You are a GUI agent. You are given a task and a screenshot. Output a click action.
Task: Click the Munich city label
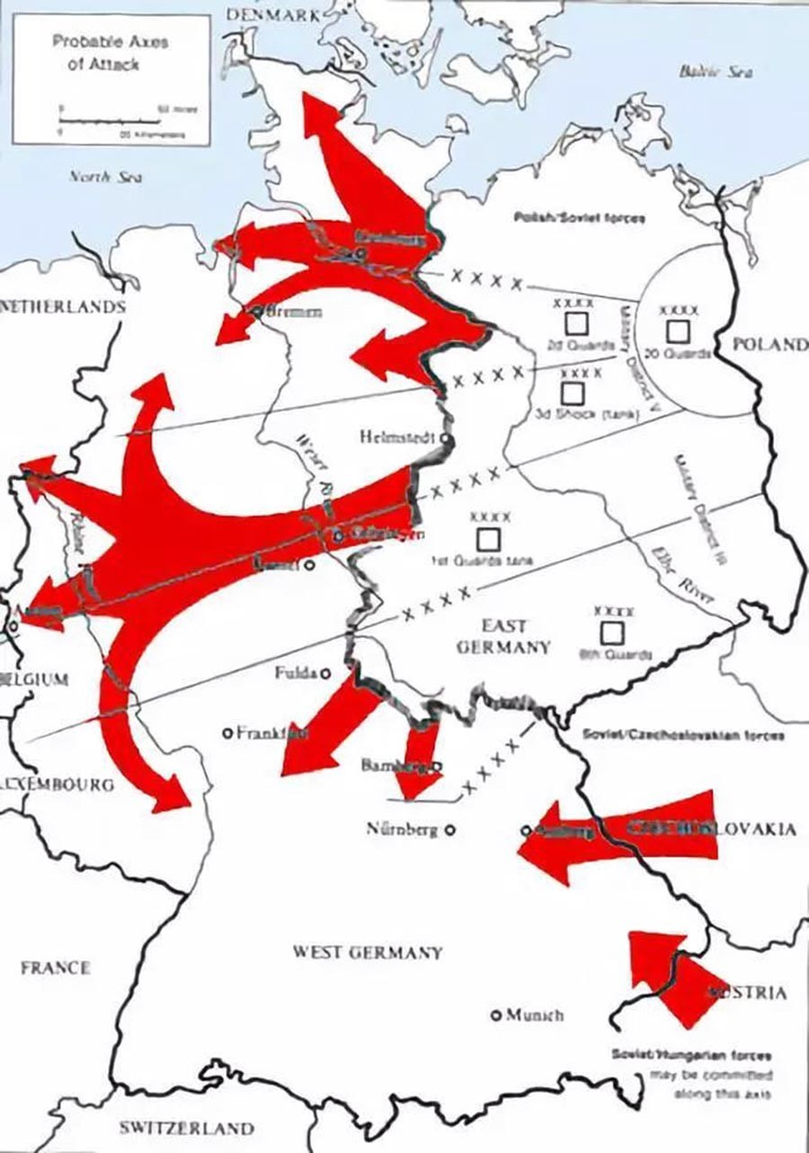[534, 1015]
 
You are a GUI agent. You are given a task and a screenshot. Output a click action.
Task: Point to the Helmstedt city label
[396, 438]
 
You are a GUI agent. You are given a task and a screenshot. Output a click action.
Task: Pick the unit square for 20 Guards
[678, 332]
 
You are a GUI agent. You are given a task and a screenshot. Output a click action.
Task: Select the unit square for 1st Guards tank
[488, 539]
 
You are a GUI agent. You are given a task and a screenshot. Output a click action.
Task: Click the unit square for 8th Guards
[612, 633]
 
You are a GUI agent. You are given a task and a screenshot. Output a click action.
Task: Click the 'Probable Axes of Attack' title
[110, 53]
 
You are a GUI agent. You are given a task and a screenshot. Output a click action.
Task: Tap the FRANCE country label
[56, 967]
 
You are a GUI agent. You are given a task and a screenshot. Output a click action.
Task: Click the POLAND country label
[769, 344]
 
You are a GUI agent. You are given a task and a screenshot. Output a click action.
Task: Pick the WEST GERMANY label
[367, 953]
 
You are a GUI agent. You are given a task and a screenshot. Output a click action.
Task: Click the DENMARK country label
[273, 14]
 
